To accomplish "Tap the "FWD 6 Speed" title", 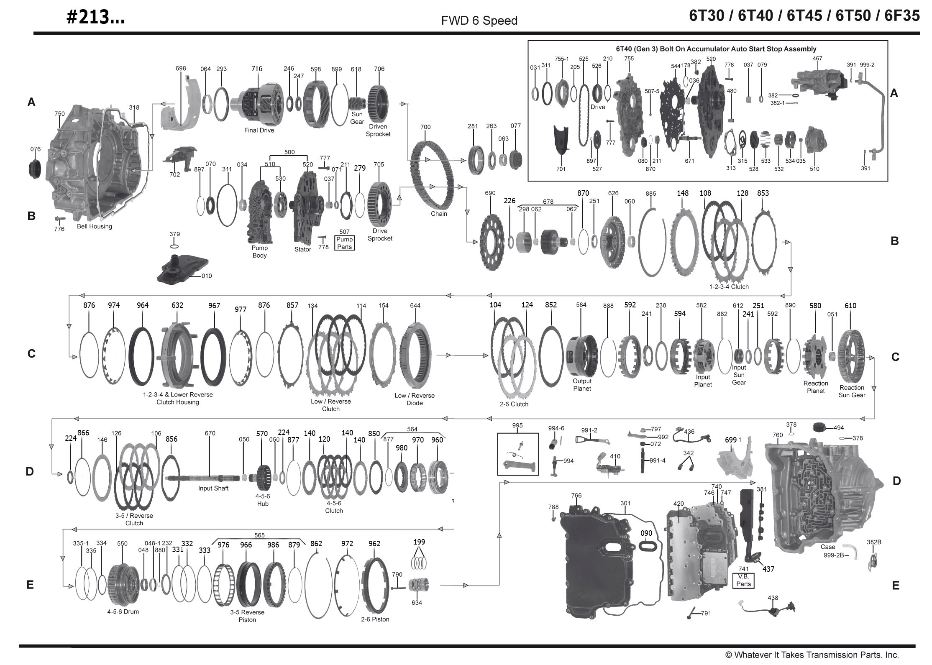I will coord(479,20).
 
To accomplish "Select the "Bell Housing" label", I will coord(94,226).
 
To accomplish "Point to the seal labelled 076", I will coord(36,168).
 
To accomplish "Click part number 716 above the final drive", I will coord(256,69).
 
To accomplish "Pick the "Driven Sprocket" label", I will coord(378,130).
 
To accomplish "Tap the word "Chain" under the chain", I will coord(439,214).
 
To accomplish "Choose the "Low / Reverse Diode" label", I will coord(414,399).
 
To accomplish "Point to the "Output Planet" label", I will coord(582,384).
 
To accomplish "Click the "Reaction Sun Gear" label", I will coord(852,391).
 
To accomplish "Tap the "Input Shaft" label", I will coord(213,488).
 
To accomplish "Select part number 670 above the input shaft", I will coord(210,433).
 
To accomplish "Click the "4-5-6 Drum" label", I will coord(123,611).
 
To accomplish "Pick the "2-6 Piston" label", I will coord(375,619).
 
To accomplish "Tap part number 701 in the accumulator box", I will coord(561,169).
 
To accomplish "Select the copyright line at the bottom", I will coord(812,655).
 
